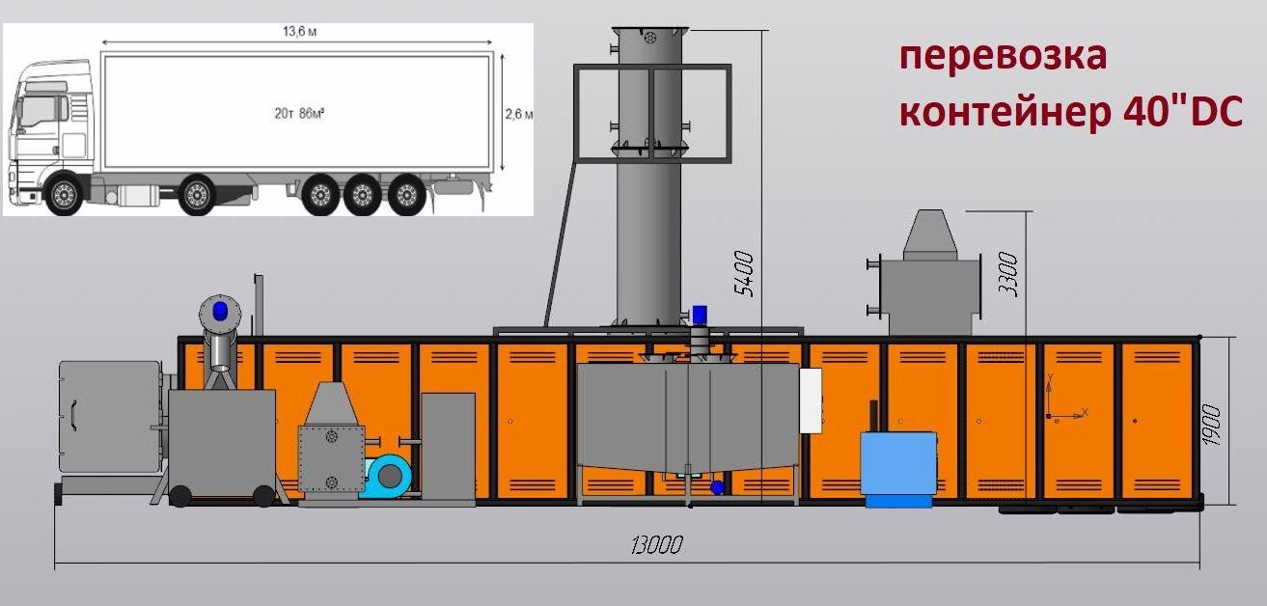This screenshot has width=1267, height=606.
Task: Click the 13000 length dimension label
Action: pos(657,545)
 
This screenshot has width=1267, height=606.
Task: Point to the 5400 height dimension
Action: pos(744,274)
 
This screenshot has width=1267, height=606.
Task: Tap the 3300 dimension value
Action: pos(1008,274)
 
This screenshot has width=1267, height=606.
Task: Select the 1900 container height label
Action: pos(1211,425)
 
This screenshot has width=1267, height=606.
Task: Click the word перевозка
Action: pos(1003,56)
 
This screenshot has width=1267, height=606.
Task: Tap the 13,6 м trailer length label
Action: pos(300,32)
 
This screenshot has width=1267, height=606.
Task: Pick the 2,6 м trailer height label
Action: pos(519,114)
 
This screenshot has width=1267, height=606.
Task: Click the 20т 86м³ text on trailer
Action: pos(299,114)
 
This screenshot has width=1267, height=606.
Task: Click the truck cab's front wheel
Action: pos(64,194)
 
